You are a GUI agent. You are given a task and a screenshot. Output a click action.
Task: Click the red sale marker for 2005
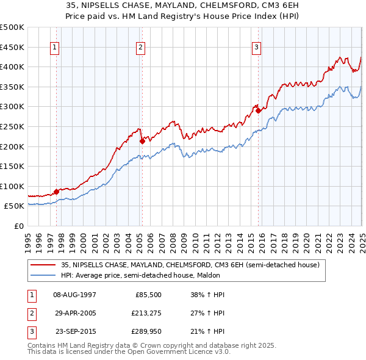tap(142, 141)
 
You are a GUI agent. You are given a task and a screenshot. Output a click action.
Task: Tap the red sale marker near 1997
tap(56, 192)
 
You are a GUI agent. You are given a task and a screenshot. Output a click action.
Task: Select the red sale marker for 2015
tap(258, 110)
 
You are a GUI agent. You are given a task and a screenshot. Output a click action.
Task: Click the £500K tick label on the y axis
tap(12, 27)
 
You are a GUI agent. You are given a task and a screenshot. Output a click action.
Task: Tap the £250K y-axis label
tap(12, 126)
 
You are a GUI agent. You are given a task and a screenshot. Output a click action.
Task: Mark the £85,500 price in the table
tap(148, 295)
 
